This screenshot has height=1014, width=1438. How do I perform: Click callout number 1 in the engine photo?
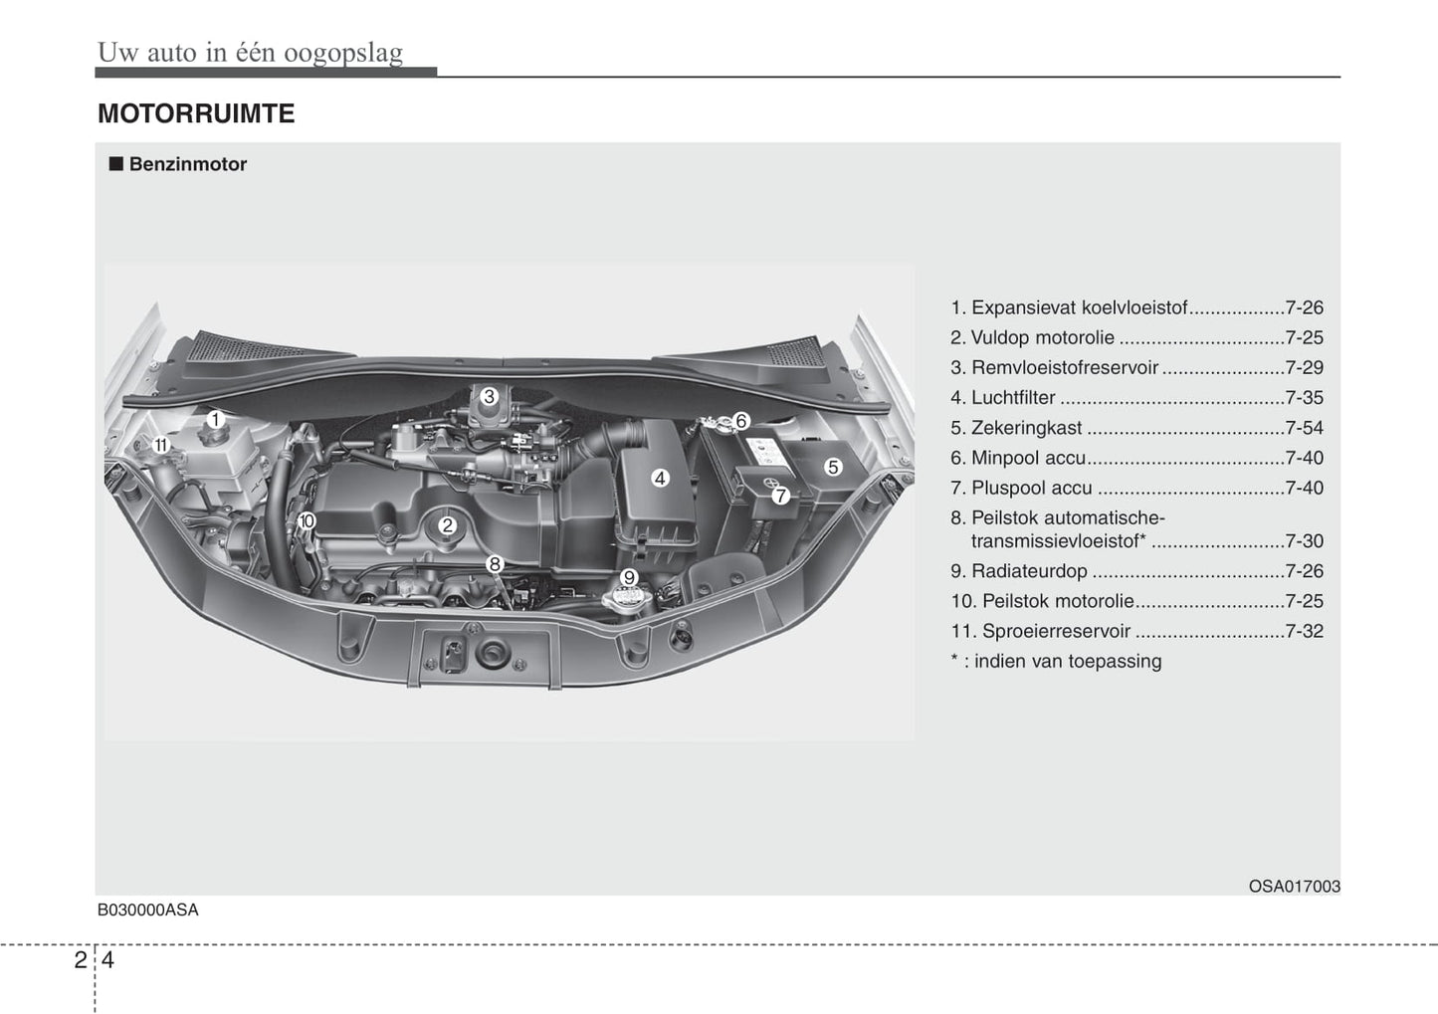point(215,420)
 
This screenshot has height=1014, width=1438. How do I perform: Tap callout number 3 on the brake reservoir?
point(490,397)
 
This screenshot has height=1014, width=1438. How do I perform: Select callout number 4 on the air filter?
point(660,478)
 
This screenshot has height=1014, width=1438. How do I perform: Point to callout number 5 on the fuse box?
point(833,467)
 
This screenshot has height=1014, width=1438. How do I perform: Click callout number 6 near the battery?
point(741,421)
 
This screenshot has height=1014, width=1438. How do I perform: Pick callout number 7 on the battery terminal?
point(780,496)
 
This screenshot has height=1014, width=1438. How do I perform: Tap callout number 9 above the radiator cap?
point(629,577)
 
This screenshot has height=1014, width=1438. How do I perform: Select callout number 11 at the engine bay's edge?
point(160,445)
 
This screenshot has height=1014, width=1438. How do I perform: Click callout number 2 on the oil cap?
point(447,526)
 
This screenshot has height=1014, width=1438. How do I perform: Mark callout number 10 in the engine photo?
point(307,521)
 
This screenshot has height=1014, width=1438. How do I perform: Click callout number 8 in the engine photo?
point(495,564)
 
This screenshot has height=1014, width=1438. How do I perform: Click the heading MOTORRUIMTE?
point(196,113)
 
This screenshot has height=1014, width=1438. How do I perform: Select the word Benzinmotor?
point(188,164)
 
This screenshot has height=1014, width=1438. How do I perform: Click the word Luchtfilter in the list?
point(1013,398)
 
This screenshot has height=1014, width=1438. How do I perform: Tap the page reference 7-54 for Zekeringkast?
point(1305,428)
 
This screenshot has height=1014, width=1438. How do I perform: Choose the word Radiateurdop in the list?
point(1029,571)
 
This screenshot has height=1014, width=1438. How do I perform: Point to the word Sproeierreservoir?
point(1056,632)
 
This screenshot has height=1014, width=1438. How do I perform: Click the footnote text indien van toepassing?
point(1068,661)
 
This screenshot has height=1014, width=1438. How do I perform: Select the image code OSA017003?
point(1294,887)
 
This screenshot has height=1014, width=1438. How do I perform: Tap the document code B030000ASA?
point(148,911)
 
